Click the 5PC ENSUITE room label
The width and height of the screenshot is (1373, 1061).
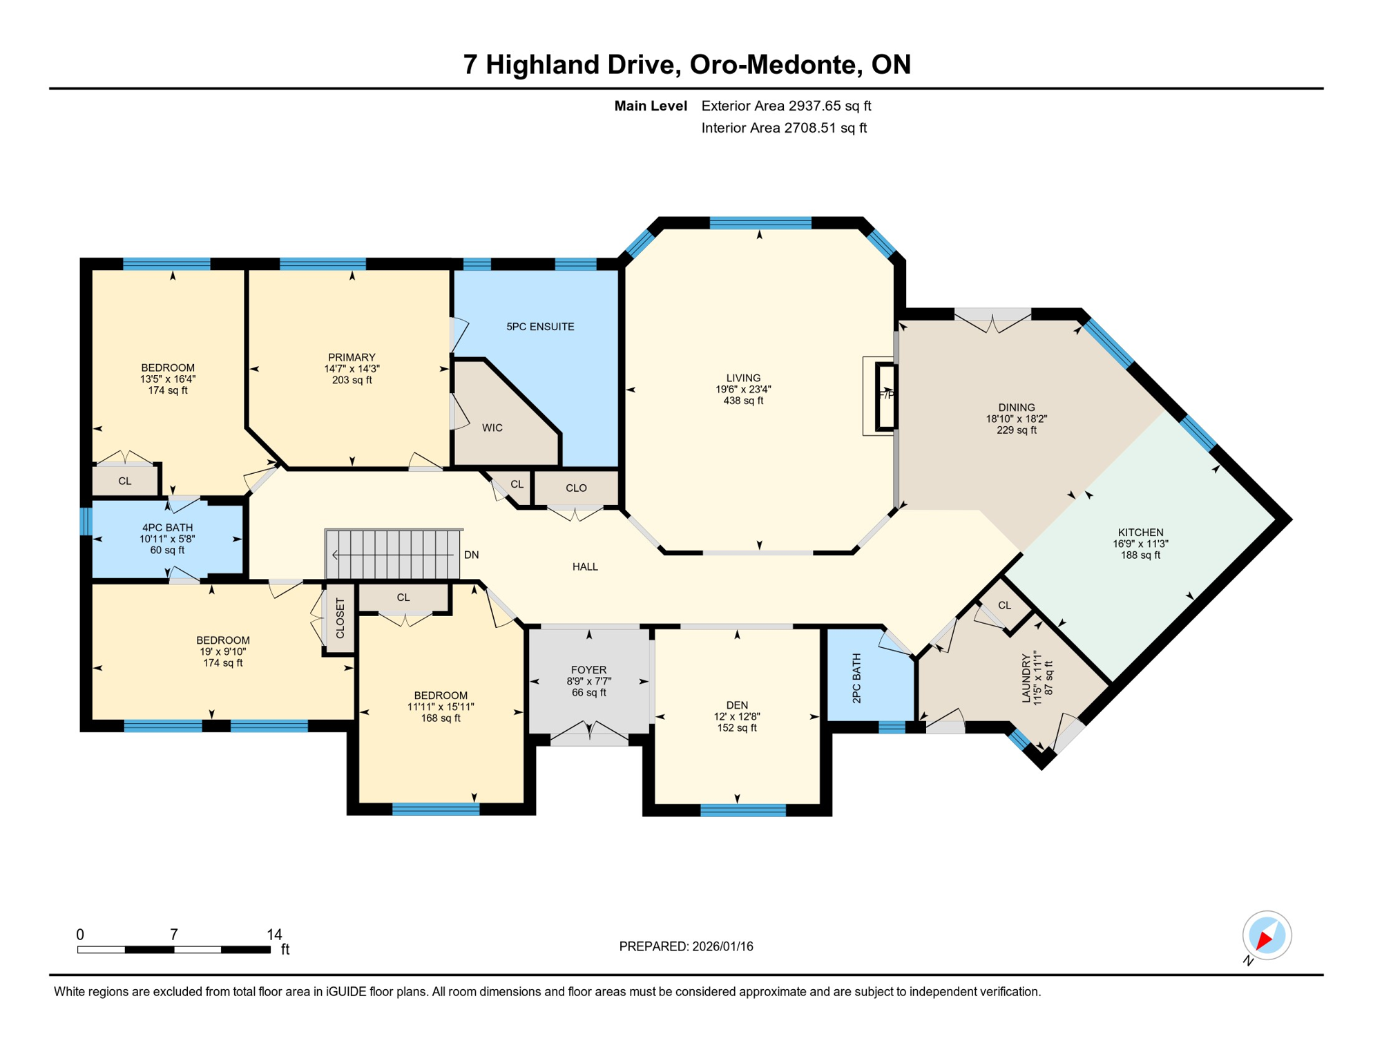(x=540, y=327)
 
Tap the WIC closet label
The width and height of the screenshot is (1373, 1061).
(x=492, y=428)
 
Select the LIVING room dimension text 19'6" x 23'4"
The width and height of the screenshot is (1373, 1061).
(x=743, y=390)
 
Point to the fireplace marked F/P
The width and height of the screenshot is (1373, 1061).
(x=887, y=396)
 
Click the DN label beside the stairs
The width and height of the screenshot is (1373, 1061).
(x=471, y=555)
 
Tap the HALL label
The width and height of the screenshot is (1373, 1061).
(x=585, y=567)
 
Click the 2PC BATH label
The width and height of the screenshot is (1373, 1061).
(x=856, y=678)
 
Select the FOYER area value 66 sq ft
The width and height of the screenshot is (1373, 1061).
(x=588, y=693)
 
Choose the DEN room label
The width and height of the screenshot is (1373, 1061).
(x=737, y=705)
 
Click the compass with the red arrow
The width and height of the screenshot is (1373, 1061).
(x=1267, y=936)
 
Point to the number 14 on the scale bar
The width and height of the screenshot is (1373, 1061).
(x=274, y=935)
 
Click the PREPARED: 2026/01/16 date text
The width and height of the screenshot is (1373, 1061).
(x=686, y=947)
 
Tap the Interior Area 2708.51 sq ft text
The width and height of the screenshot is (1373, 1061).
(x=784, y=128)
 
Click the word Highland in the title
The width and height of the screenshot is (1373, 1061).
(x=579, y=65)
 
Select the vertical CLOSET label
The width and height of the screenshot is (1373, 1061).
(x=340, y=618)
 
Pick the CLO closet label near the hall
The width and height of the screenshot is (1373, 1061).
(x=576, y=488)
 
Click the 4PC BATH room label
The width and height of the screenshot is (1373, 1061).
(x=167, y=528)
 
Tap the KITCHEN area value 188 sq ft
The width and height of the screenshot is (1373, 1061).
(x=1140, y=555)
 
